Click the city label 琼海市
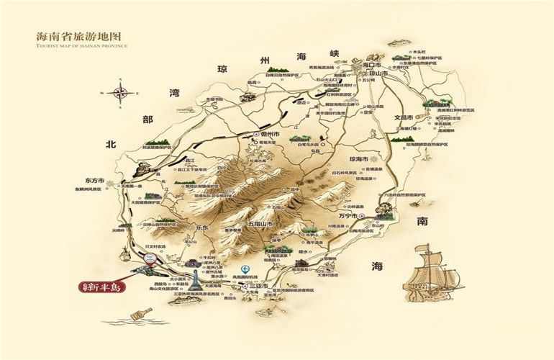tap(358, 158)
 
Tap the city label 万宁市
tap(348, 215)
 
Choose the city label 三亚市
tap(256, 286)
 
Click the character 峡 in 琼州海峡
tap(332, 54)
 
